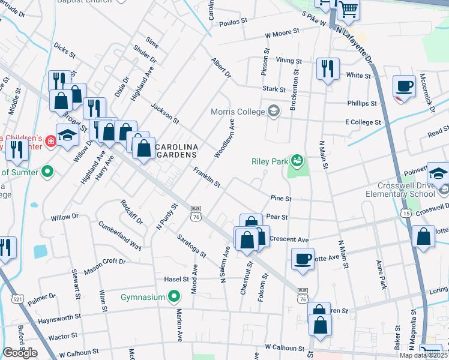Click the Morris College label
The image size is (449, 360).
point(238,112)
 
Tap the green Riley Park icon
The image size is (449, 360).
point(297,160)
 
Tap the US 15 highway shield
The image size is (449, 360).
point(406,213)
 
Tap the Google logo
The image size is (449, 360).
point(20,353)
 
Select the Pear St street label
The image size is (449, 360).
point(277,217)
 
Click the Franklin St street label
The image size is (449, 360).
point(207,176)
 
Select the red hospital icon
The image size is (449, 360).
point(51,142)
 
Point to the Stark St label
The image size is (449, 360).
point(273,89)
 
